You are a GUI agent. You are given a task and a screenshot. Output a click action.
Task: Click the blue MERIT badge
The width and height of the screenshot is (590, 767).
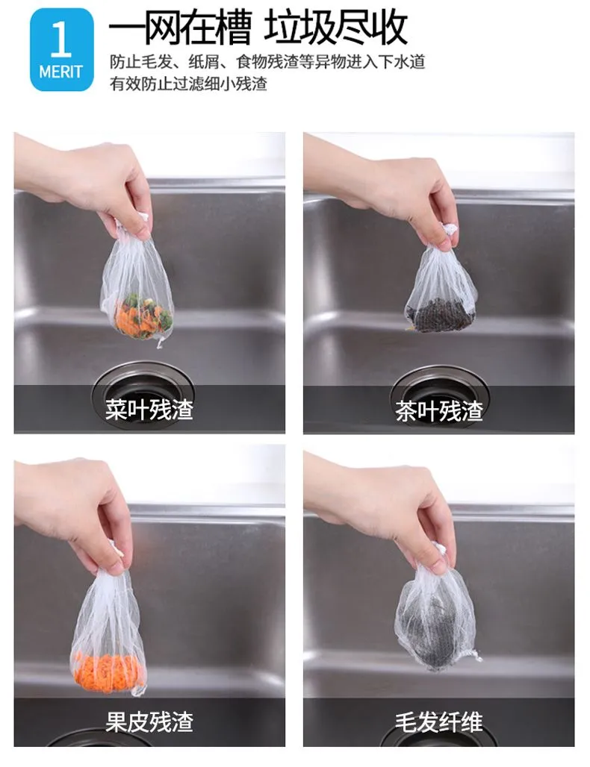point(62,50)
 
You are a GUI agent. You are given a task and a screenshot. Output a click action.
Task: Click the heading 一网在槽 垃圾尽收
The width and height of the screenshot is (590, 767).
point(258,28)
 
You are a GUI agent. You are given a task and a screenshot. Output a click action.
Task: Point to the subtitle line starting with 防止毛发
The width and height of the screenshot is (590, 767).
point(267,63)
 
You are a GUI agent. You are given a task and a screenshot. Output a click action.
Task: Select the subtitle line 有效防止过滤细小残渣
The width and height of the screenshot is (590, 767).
point(188,84)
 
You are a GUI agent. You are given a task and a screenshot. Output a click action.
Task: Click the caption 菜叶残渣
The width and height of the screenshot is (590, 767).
point(149,410)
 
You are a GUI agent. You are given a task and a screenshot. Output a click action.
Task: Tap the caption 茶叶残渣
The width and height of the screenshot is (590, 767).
point(439,410)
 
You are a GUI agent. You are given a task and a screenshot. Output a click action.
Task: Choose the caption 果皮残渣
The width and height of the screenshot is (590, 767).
point(149,722)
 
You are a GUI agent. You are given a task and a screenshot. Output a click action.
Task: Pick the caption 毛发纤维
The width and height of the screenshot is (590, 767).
point(438,722)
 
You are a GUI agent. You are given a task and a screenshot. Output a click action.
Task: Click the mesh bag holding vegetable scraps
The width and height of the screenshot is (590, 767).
point(137,289)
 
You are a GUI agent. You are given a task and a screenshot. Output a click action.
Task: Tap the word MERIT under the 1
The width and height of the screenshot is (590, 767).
point(61,72)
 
